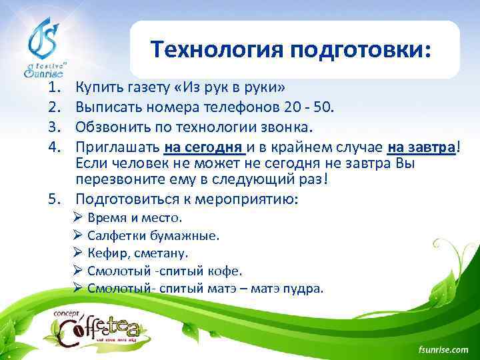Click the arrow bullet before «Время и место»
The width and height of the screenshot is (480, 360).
(77, 218)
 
